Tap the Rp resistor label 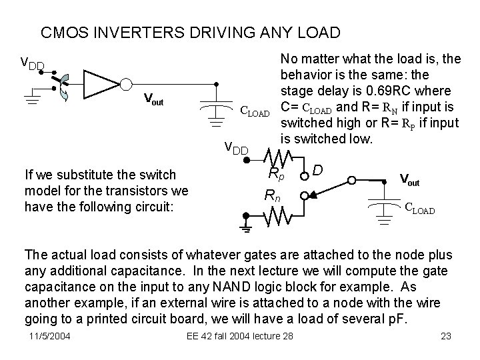275,175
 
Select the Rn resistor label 272,196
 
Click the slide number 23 447,335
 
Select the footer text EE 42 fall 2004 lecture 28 239,335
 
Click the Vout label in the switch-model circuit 409,179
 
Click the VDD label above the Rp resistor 237,148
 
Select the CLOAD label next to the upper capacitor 255,111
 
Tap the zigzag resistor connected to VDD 278,157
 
